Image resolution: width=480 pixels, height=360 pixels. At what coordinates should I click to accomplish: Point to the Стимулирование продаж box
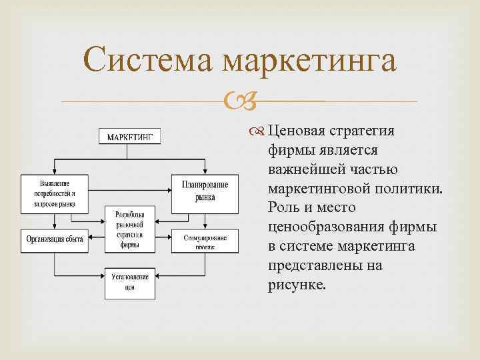205,241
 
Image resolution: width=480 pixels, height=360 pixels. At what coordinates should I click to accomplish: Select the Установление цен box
129,283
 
